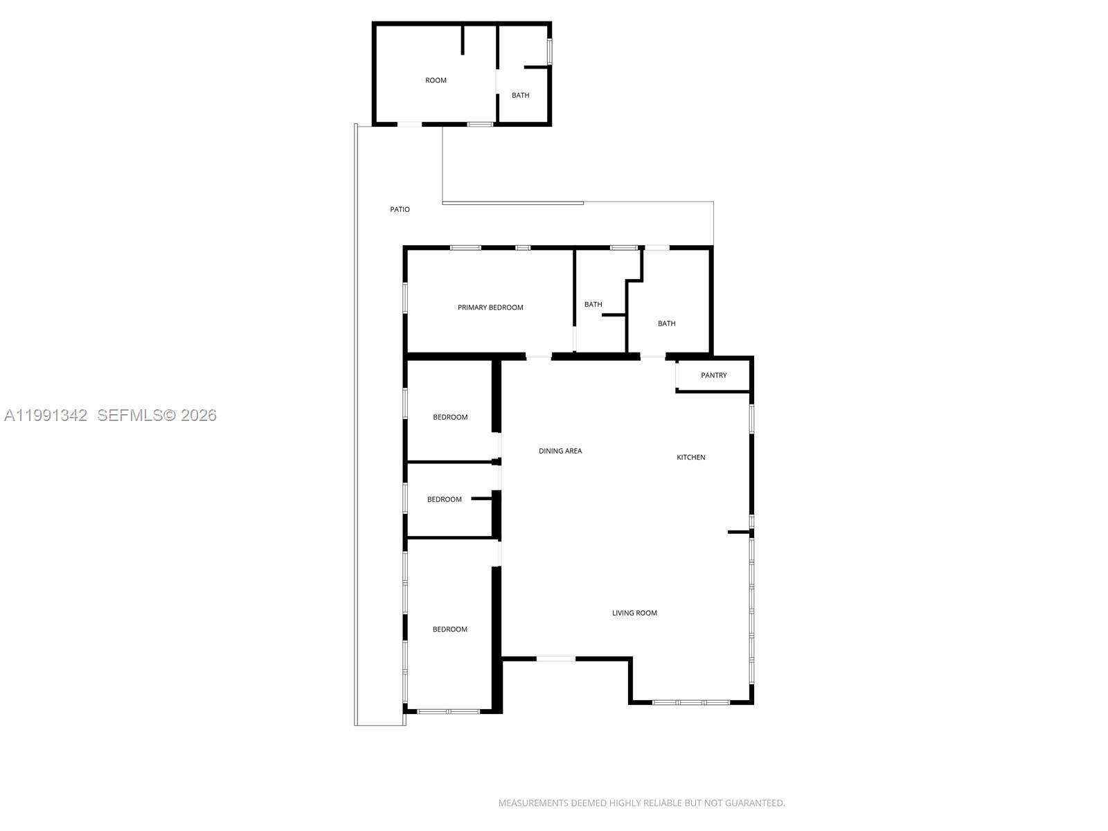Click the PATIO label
(x=400, y=209)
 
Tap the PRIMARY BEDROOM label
(x=490, y=307)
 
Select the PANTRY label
(x=713, y=375)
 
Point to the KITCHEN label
(x=690, y=457)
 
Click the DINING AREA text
(x=560, y=451)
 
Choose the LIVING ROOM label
(x=634, y=613)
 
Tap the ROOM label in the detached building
(x=436, y=80)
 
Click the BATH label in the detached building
(x=520, y=96)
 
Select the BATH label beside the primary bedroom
(x=593, y=305)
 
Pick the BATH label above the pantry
(x=666, y=323)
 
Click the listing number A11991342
(x=46, y=415)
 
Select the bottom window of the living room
(x=690, y=702)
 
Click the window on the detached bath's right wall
(x=550, y=51)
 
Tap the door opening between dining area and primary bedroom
(x=538, y=357)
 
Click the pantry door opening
(x=677, y=375)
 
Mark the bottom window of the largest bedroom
(x=448, y=711)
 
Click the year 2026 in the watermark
(x=199, y=415)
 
